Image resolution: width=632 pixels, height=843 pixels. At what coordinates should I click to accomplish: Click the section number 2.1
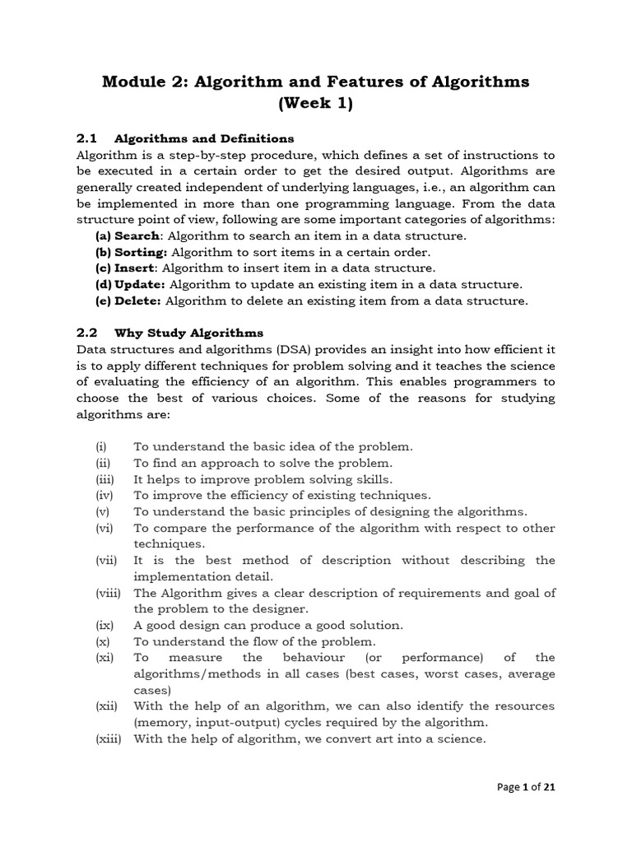tap(87, 137)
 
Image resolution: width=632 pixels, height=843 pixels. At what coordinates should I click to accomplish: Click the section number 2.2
tap(87, 333)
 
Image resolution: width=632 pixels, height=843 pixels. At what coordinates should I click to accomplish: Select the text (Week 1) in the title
tap(315, 105)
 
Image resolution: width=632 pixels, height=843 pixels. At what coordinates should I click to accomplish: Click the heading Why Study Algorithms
tap(188, 333)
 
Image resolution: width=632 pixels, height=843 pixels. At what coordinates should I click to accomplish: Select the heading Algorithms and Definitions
tap(204, 137)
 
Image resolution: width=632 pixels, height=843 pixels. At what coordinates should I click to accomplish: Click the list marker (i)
tap(100, 446)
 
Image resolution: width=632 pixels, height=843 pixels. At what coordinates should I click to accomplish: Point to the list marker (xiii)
tap(108, 738)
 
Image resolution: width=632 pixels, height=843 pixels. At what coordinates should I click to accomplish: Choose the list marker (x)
tap(102, 641)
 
